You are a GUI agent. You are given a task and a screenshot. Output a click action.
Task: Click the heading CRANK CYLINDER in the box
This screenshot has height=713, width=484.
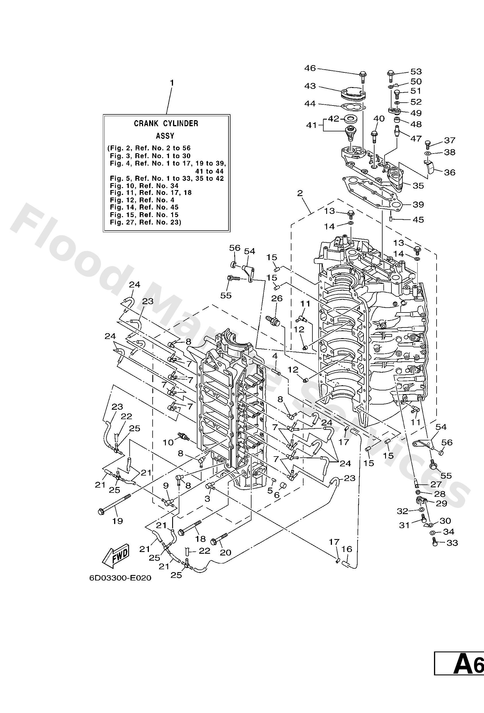[x=166, y=123]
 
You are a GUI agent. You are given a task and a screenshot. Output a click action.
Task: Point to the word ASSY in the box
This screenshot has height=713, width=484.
[x=165, y=136]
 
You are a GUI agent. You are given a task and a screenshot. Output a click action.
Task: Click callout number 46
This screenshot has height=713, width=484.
[x=310, y=68]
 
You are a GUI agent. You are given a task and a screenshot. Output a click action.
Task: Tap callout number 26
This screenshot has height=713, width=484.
[x=277, y=298]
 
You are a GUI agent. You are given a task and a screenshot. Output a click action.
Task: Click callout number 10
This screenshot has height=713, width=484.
[x=168, y=442]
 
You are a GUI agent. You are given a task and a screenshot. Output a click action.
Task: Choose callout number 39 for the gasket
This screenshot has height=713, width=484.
[x=418, y=204]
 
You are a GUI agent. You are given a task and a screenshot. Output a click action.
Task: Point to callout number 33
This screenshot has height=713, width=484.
[x=452, y=543]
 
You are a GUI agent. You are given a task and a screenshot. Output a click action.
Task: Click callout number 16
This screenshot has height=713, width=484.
[x=347, y=549]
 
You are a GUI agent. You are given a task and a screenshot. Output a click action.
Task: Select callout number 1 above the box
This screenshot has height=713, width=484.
[x=172, y=83]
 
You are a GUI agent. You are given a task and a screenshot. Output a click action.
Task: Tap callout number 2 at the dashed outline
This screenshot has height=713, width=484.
[x=300, y=193]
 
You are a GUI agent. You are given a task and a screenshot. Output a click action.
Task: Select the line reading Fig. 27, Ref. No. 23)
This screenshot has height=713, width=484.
[x=145, y=222]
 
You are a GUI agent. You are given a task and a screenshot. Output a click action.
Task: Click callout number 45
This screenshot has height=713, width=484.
[x=418, y=220]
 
